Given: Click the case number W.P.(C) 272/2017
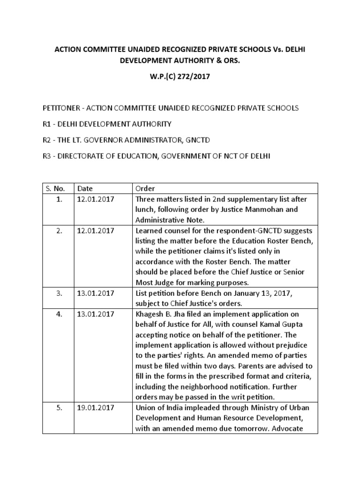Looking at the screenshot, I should [x=180, y=77].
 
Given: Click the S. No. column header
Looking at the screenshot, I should [x=56, y=188].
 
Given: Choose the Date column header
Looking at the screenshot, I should [x=85, y=188].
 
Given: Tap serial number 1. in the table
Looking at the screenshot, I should [x=59, y=199].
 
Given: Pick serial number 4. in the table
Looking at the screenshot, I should [x=59, y=314].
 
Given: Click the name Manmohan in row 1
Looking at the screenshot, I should [x=267, y=209].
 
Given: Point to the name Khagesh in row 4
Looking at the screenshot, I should [x=150, y=314].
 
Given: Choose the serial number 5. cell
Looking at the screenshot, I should [x=59, y=408].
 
